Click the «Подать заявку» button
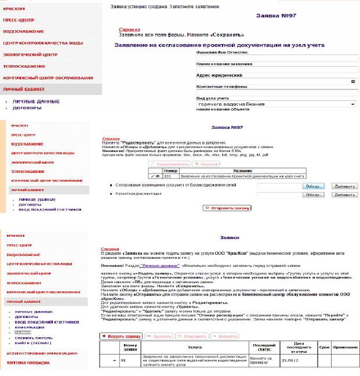pyautogui.click(x=121, y=335)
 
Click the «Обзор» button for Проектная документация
pyautogui.click(x=312, y=196)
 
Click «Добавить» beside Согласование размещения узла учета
pyautogui.click(x=344, y=186)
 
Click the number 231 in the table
pyautogui.click(x=168, y=175)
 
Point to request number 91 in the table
pyautogui.click(x=123, y=360)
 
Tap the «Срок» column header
pyautogui.click(x=325, y=346)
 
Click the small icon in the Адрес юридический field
pyautogui.click(x=353, y=81)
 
